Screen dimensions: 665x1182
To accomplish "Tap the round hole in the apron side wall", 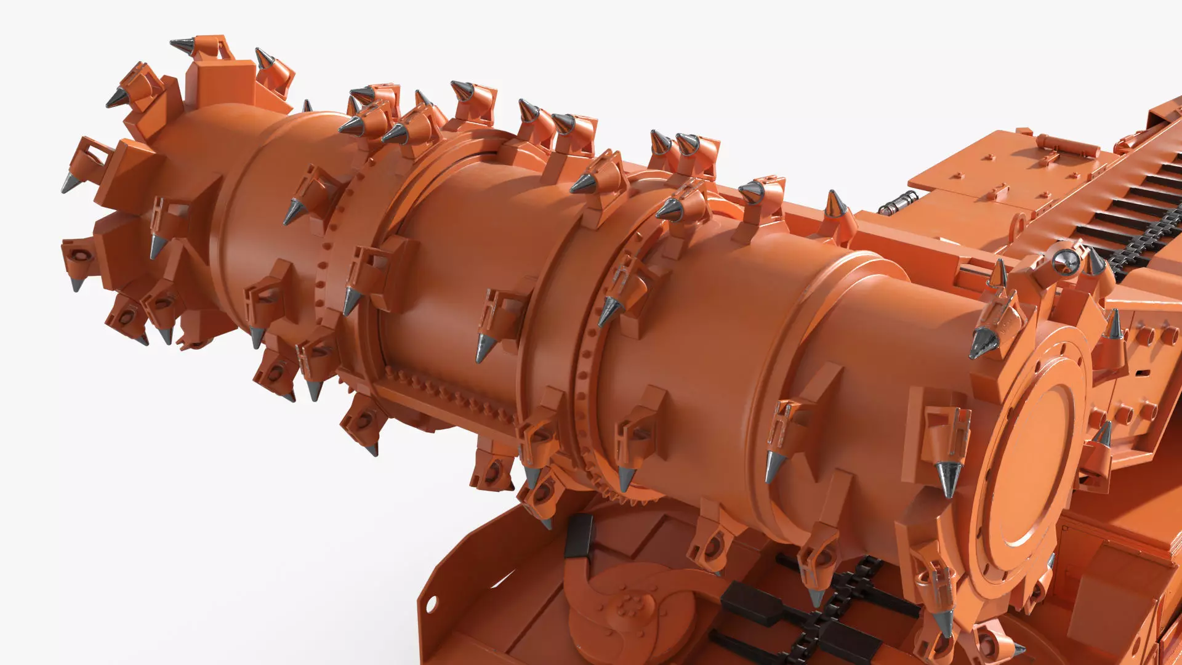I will [x=431, y=601].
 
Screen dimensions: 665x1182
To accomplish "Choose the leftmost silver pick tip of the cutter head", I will [x=69, y=183].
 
